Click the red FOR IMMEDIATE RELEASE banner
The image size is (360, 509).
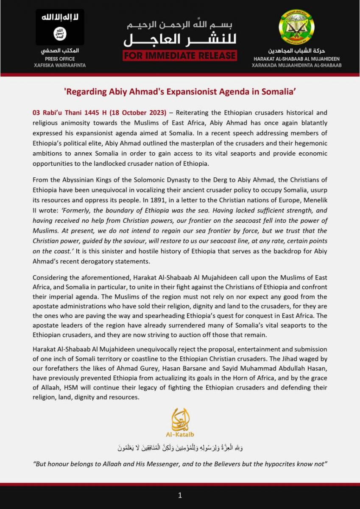(x=180, y=55)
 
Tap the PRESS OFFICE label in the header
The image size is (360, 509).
(x=60, y=59)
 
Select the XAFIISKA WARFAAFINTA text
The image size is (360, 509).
(x=60, y=66)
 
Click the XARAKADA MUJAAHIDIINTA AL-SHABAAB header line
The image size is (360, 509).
(x=296, y=66)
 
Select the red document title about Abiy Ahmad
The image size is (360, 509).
(x=180, y=92)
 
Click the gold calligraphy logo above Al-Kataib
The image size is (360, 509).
(x=181, y=419)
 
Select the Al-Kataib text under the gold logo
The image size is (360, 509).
(x=180, y=435)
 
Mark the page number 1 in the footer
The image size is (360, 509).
(x=180, y=495)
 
